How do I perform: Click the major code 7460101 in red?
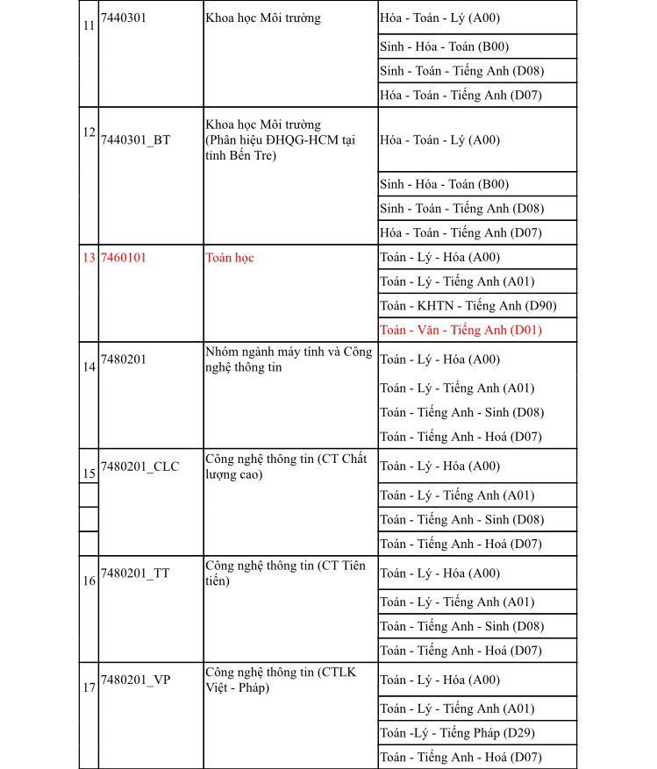[124, 258]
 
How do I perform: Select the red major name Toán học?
[229, 258]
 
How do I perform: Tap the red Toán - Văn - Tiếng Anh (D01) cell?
[461, 330]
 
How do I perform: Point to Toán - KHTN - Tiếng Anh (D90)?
[468, 305]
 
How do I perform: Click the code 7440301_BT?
[136, 139]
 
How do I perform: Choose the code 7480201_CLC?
[139, 466]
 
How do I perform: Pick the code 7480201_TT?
[135, 573]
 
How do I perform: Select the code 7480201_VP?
[135, 680]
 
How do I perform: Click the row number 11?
[89, 25]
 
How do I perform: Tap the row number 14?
[89, 367]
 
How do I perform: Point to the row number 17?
[89, 687]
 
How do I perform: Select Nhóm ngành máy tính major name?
[289, 360]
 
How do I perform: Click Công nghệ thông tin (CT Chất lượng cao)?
[286, 466]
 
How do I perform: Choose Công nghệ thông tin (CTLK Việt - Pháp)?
[281, 680]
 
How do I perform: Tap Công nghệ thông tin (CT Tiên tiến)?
[285, 573]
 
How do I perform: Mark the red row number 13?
[89, 258]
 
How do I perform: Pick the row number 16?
[89, 580]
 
